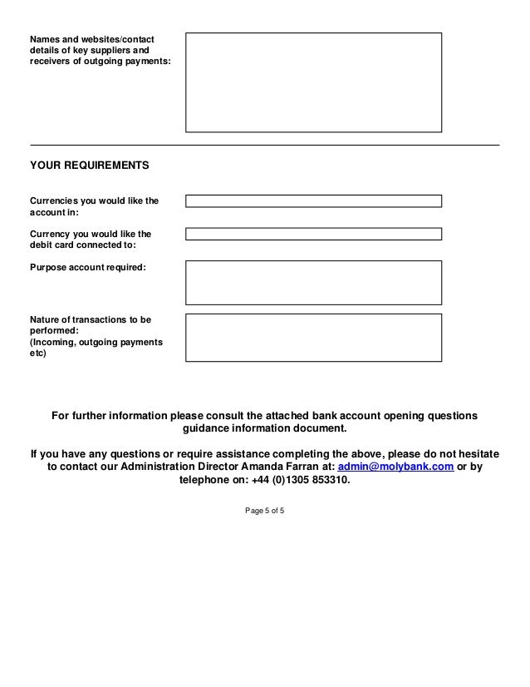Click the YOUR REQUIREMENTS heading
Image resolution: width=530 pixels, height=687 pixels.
(90, 166)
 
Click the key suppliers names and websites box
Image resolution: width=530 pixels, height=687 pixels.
(313, 82)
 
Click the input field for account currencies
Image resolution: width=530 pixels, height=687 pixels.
(313, 200)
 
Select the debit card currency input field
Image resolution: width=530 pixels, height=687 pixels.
(313, 234)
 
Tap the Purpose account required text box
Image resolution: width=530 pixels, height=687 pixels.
(313, 283)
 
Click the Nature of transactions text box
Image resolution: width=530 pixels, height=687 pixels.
(313, 337)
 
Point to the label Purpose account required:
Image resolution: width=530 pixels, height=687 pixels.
(87, 268)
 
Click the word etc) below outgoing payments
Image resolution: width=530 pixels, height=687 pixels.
(39, 352)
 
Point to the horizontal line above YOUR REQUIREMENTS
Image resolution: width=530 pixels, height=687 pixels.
(264, 146)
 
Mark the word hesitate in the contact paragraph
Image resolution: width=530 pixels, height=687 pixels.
(476, 453)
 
